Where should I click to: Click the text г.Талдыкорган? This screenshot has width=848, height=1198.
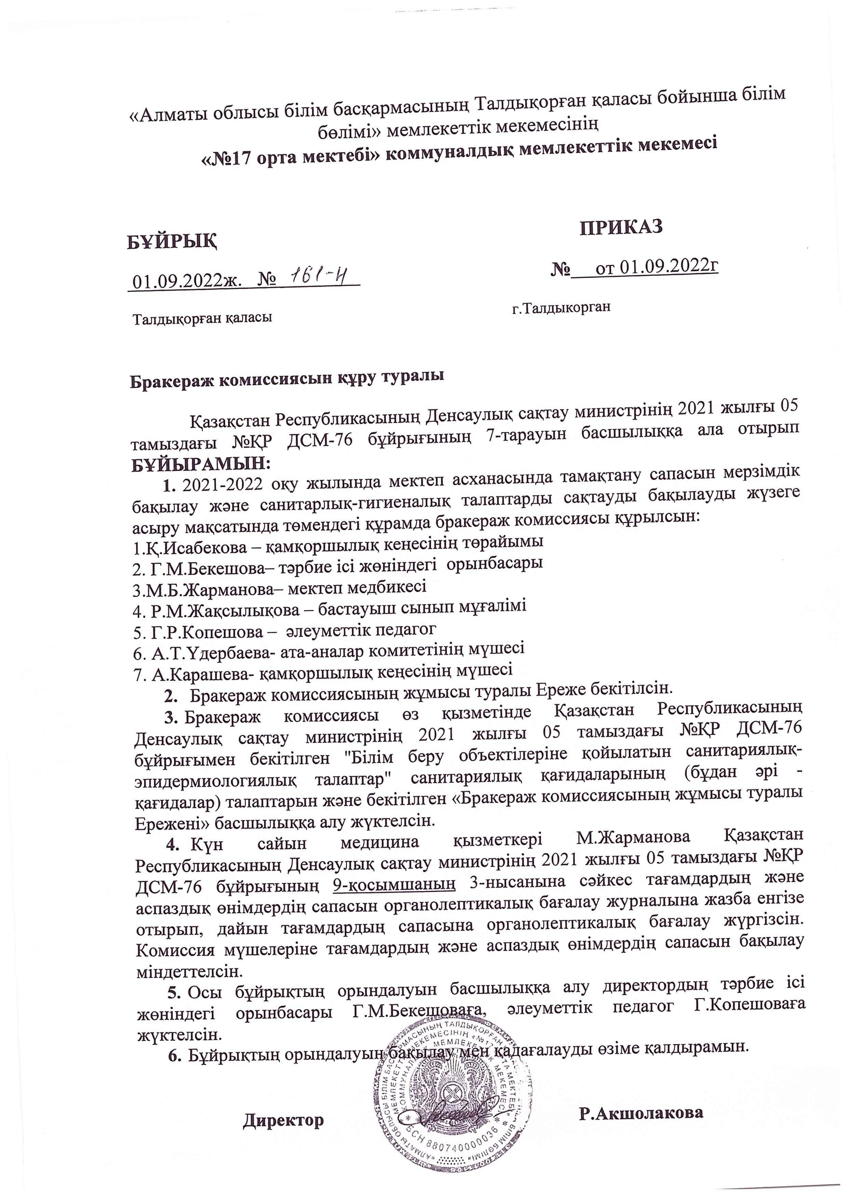[561, 308]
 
